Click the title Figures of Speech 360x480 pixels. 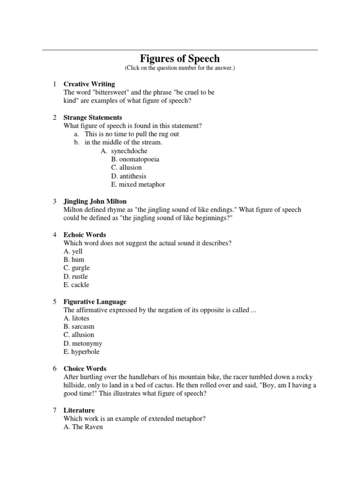180,59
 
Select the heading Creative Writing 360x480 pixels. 89,84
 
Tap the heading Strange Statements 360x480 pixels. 93,117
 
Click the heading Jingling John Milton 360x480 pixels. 95,201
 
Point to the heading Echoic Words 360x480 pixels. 85,234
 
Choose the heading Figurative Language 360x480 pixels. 95,301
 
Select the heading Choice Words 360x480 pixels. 85,368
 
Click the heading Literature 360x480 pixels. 79,410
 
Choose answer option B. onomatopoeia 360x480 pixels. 135,159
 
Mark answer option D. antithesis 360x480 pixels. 129,176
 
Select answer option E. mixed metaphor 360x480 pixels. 138,185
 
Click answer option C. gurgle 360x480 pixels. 76,268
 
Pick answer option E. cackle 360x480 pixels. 76,285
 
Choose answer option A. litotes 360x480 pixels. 76,318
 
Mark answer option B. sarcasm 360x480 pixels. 79,327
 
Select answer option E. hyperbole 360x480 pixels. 82,352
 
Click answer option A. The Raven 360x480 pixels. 83,427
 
